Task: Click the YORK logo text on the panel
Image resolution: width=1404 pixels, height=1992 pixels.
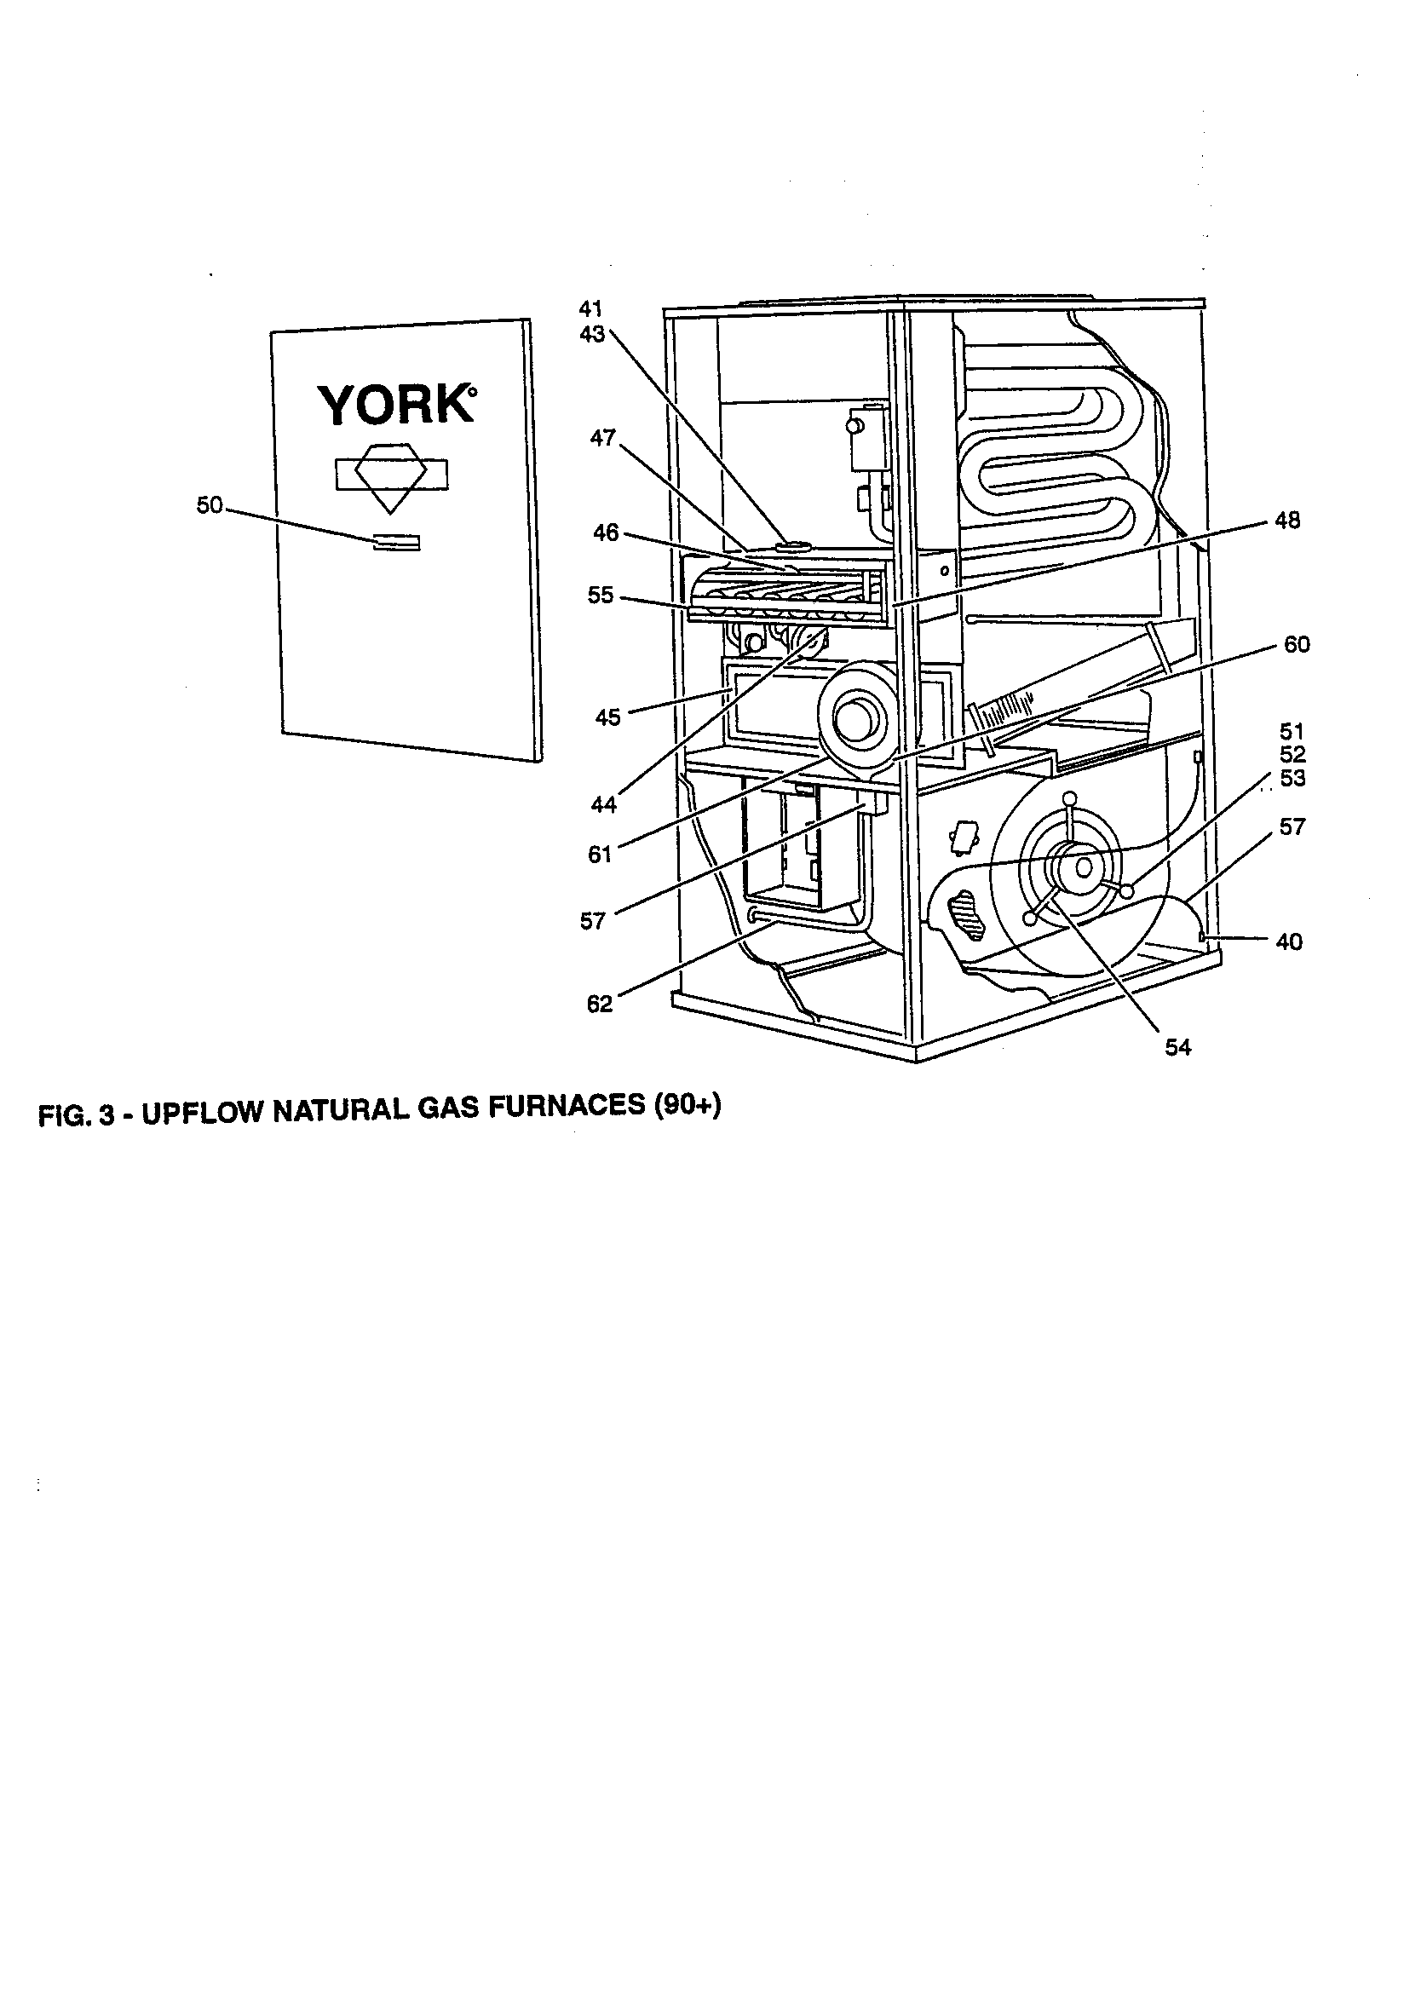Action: (x=395, y=405)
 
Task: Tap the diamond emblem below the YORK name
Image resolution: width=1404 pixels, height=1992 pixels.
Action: (x=392, y=475)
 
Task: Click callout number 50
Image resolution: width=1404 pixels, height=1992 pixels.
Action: (x=209, y=506)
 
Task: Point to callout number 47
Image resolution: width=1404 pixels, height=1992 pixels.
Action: (x=602, y=439)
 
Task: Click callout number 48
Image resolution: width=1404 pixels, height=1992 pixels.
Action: (x=1288, y=521)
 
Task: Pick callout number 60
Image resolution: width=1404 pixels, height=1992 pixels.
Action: (x=1296, y=645)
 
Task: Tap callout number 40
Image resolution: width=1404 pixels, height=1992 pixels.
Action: (x=1289, y=941)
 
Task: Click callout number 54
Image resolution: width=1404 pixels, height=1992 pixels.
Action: (x=1177, y=1048)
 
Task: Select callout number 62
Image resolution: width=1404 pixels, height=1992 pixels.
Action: (x=600, y=1005)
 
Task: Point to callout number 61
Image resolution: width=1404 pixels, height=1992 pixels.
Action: (x=600, y=855)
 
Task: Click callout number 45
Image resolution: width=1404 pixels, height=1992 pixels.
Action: (x=607, y=718)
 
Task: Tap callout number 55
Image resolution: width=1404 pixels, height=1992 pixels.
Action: (x=600, y=596)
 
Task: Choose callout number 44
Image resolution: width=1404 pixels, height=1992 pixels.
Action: (x=603, y=805)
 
